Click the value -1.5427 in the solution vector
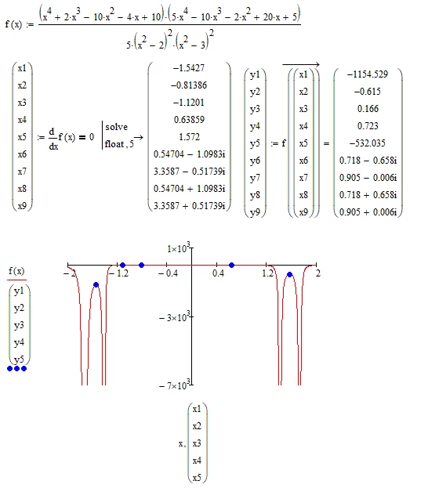189,68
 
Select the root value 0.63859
189,120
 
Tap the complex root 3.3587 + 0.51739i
189,206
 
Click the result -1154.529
368,74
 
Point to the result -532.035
368,143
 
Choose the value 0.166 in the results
368,109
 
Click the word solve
117,127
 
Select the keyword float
114,144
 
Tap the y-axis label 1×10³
178,248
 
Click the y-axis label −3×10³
175,317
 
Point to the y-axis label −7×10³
175,385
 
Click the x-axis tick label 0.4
218,273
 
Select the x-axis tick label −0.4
168,273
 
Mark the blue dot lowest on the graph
96,285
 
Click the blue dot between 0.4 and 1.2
231,266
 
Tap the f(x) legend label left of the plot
16,271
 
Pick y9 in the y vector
255,212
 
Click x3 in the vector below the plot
197,443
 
